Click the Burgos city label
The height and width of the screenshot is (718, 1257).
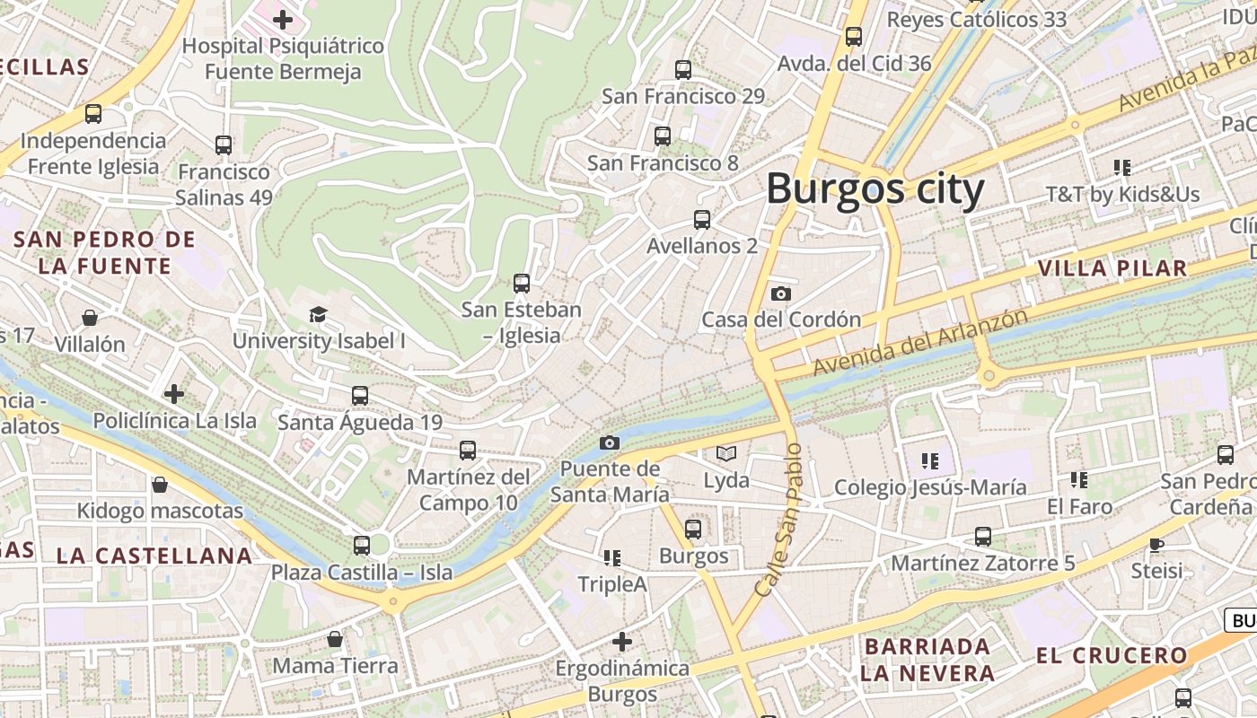click(875, 189)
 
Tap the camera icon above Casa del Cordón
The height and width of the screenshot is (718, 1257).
click(781, 293)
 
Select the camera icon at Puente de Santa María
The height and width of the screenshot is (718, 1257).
click(609, 442)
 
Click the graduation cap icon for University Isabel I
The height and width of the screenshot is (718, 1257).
click(318, 314)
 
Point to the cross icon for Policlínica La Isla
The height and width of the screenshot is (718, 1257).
click(174, 393)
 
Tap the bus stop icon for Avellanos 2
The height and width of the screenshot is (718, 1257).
click(702, 219)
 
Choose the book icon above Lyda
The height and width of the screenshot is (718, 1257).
click(725, 454)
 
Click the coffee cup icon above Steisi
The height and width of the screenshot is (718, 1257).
click(1156, 544)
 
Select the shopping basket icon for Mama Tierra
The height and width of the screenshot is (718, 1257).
click(335, 639)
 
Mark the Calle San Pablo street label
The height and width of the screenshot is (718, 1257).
click(778, 521)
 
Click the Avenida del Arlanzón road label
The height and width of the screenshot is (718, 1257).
click(919, 343)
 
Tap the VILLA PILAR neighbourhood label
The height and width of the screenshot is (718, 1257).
click(1112, 268)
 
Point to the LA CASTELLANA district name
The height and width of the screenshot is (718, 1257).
click(154, 556)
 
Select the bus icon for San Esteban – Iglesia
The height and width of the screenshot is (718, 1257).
click(522, 284)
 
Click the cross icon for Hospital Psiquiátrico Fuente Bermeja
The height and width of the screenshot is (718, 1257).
click(283, 19)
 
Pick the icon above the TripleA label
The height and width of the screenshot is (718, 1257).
click(612, 558)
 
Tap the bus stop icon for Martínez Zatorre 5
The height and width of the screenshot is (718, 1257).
click(983, 537)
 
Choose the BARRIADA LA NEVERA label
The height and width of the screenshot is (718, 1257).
click(927, 660)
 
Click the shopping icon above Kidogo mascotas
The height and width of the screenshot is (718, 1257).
click(160, 485)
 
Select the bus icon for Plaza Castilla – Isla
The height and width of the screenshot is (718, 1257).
click(362, 545)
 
